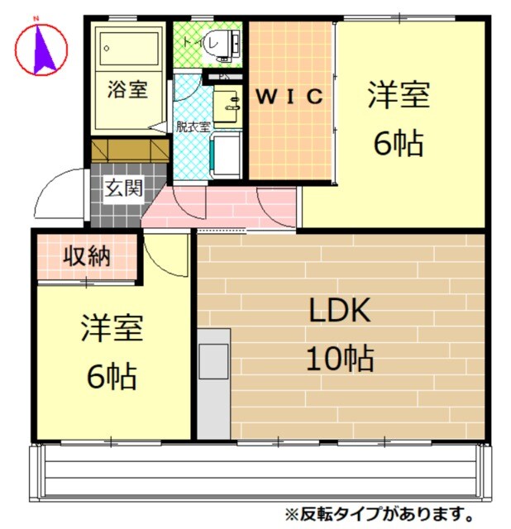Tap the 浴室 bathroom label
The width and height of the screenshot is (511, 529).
[x=127, y=88]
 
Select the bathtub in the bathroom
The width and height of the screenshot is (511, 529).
[x=127, y=50]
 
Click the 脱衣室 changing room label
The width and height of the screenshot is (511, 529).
[x=193, y=126]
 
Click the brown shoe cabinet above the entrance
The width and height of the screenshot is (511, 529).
[x=129, y=151]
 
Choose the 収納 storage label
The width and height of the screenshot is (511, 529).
[x=87, y=256]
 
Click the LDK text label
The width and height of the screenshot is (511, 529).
[x=339, y=312]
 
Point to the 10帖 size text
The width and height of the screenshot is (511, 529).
[x=339, y=359]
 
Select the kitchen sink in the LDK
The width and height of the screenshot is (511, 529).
[x=214, y=360]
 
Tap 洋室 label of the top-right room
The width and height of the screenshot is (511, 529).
[x=399, y=95]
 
